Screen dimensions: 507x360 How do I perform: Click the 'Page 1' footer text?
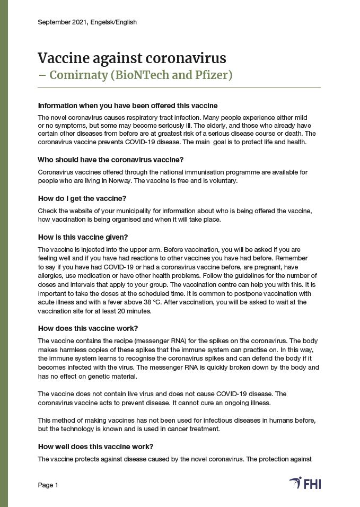click(48, 485)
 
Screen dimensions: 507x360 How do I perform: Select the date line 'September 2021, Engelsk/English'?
click(87, 22)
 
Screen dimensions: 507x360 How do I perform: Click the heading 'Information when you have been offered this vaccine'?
click(128, 106)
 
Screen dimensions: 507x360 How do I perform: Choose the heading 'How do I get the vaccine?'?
click(82, 198)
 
